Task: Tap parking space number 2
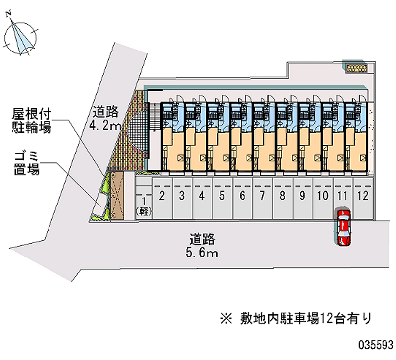[162, 198]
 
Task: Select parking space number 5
[222, 198]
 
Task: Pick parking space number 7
[262, 198]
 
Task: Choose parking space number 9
[302, 198]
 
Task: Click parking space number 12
[363, 198]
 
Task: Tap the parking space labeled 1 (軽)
[144, 203]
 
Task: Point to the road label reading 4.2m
[105, 119]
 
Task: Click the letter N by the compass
[8, 15]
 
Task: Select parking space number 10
[322, 198]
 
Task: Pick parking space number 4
[202, 198]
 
